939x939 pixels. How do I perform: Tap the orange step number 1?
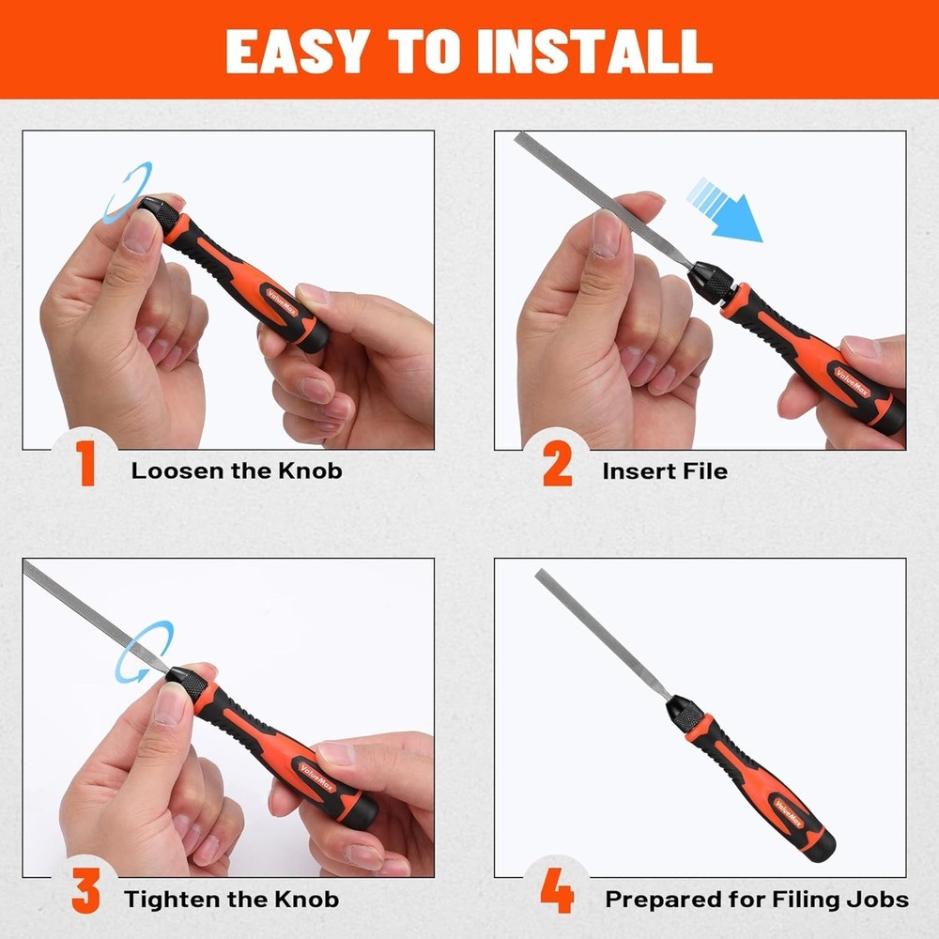86,467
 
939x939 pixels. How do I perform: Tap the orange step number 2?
557,467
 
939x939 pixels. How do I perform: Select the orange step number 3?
86,895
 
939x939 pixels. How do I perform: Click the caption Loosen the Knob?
237,470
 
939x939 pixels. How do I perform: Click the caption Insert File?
665,470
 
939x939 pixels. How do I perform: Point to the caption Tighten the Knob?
233,899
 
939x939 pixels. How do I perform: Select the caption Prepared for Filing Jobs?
757,899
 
